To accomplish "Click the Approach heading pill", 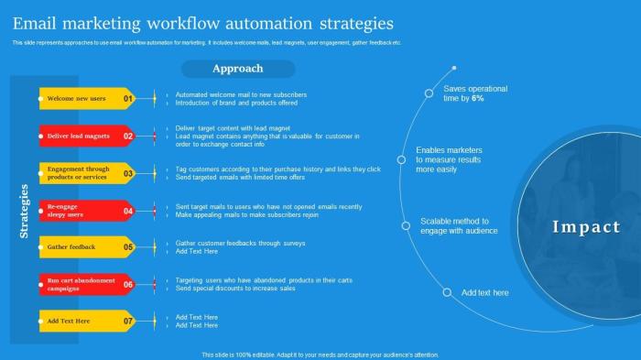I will click(x=237, y=69).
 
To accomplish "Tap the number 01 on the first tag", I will click(x=128, y=99).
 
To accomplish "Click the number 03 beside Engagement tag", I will click(x=128, y=173).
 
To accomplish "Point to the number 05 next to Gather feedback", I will click(x=128, y=247).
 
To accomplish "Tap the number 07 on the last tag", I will click(x=128, y=322).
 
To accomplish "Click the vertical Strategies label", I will click(x=24, y=211).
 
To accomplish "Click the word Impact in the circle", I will click(x=586, y=227).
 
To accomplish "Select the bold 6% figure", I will click(x=478, y=98).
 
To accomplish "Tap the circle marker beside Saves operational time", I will click(x=429, y=93).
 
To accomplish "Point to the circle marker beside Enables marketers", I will click(x=401, y=159).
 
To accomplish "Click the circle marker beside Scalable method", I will click(x=406, y=225).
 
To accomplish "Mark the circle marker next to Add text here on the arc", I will click(x=447, y=293).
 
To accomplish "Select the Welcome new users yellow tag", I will click(x=77, y=99).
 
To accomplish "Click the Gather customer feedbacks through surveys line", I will click(x=240, y=244).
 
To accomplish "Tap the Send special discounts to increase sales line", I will click(x=235, y=288).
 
